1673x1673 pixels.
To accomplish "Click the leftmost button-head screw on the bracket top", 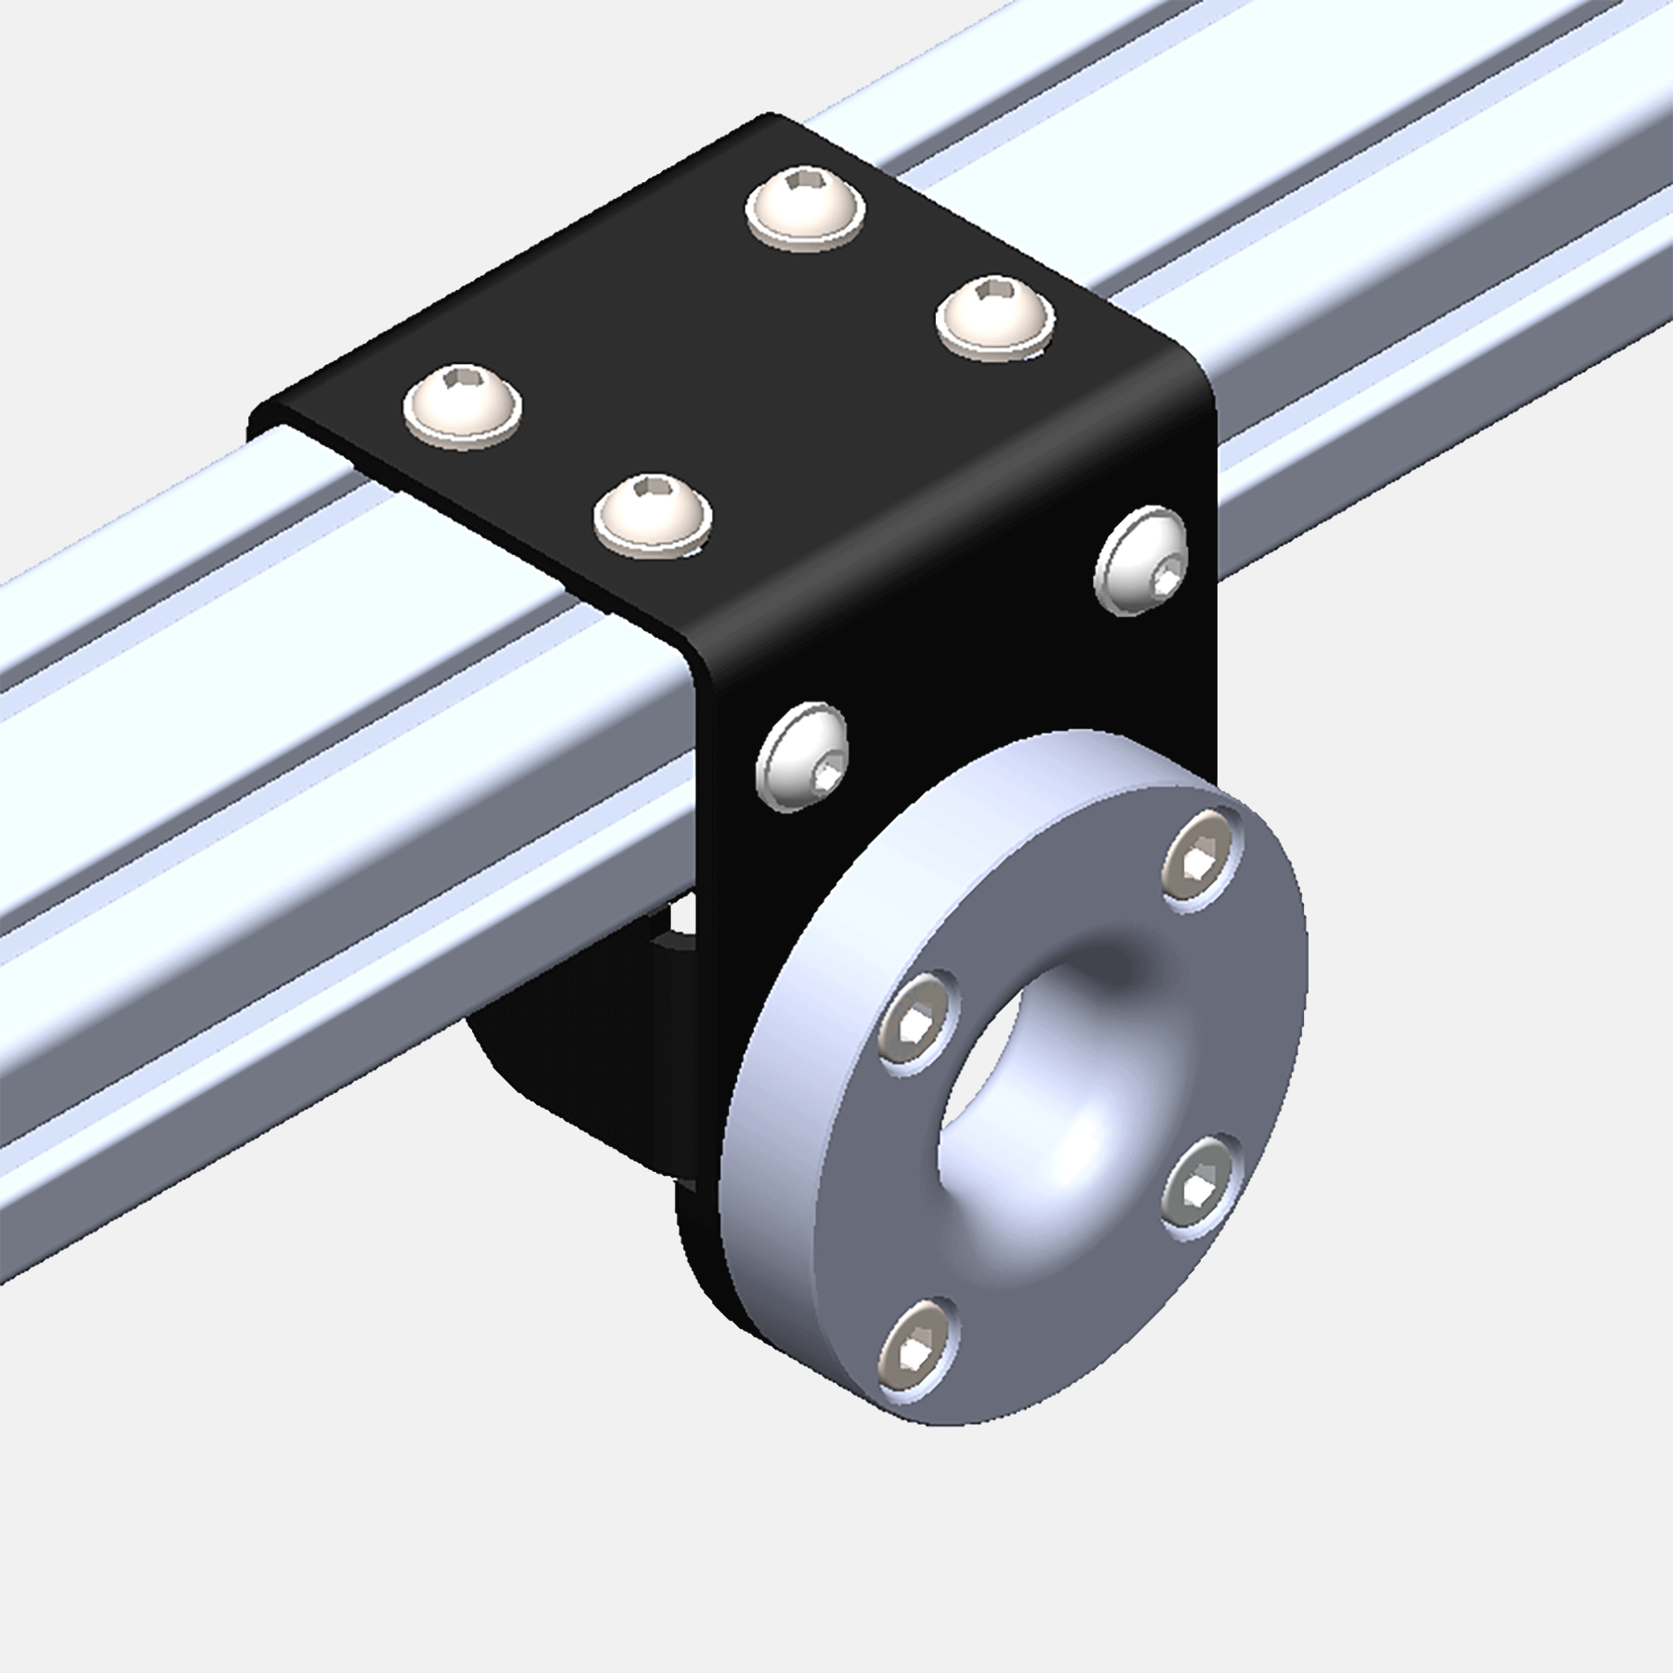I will [462, 407].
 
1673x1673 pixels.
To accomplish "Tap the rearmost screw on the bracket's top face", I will [805, 208].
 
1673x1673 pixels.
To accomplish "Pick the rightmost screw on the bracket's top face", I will [995, 317].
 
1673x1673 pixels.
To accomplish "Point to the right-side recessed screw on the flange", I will [1199, 1186].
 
